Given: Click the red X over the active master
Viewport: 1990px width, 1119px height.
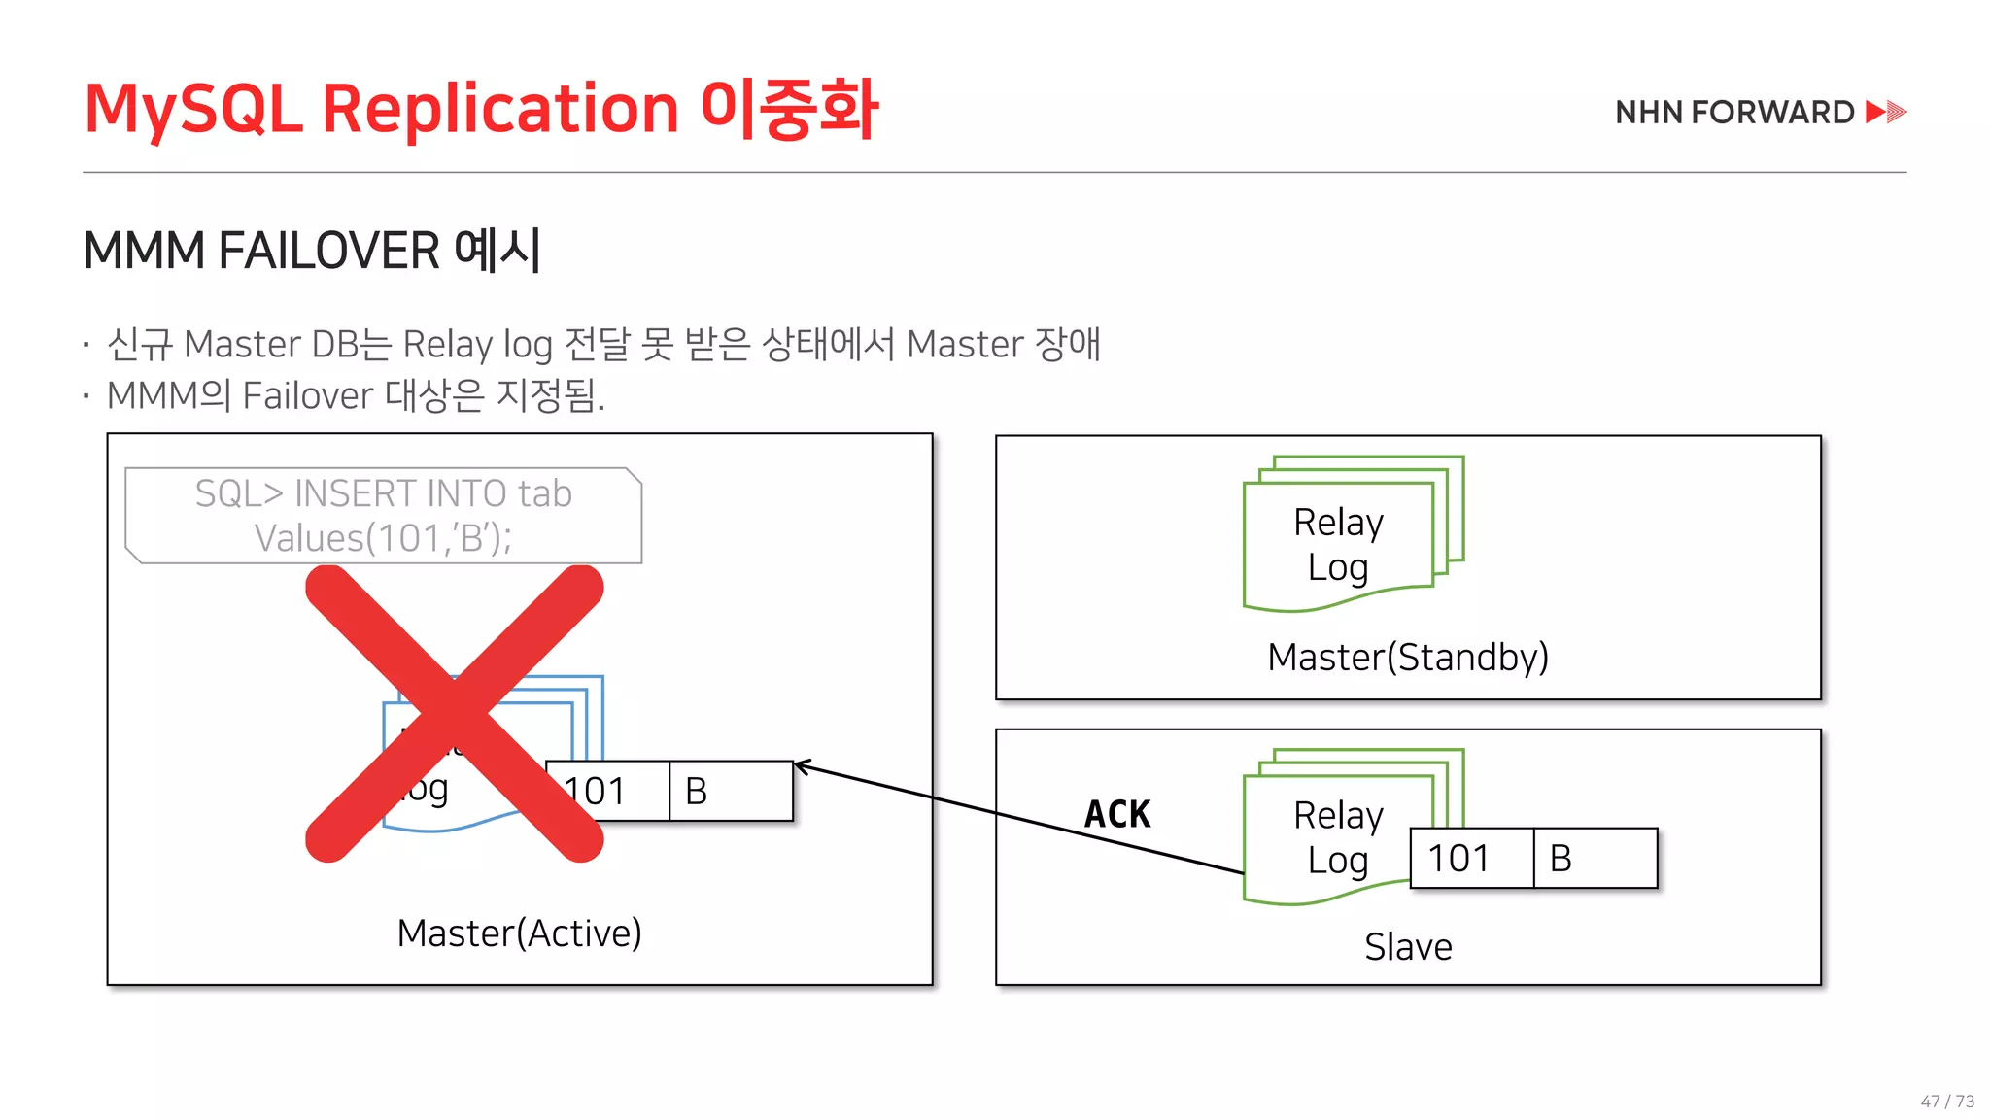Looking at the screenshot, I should point(455,714).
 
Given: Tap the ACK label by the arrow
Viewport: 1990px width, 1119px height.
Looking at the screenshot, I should point(1117,814).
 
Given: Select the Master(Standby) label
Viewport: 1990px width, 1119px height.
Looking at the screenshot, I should point(1408,658).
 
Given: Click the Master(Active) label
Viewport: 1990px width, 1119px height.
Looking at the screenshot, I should point(519,932).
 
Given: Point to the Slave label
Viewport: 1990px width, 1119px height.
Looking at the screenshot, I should point(1408,946).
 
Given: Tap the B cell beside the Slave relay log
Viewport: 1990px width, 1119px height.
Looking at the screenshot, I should point(1595,859).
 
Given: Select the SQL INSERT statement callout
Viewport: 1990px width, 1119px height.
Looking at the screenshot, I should point(384,516).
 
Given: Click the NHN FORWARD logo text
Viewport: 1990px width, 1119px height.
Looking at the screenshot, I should point(1734,113).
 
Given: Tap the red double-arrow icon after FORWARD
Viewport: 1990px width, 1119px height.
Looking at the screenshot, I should point(1886,112).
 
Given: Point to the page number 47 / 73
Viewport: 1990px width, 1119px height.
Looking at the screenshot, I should point(1947,1101).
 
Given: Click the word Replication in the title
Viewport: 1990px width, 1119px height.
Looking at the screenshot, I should point(499,109).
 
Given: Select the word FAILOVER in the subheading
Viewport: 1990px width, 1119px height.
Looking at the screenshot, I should point(328,251).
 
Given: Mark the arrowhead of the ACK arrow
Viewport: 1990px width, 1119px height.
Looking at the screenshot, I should point(801,767).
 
